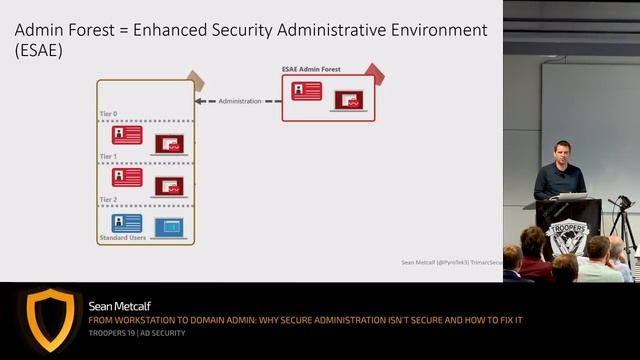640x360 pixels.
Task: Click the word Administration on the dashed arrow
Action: pyautogui.click(x=239, y=101)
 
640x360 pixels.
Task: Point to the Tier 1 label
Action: pyautogui.click(x=109, y=157)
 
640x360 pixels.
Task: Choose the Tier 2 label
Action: pyautogui.click(x=109, y=200)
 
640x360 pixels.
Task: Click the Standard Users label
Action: pyautogui.click(x=123, y=238)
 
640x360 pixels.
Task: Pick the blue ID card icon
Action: pyautogui.click(x=127, y=223)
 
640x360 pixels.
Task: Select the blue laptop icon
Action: pyautogui.click(x=169, y=227)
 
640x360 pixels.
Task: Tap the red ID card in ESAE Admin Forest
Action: pyautogui.click(x=306, y=91)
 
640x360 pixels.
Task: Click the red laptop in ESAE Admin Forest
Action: pyautogui.click(x=348, y=99)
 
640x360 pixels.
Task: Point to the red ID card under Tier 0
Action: pyautogui.click(x=127, y=134)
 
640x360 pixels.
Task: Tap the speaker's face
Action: pyautogui.click(x=562, y=152)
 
